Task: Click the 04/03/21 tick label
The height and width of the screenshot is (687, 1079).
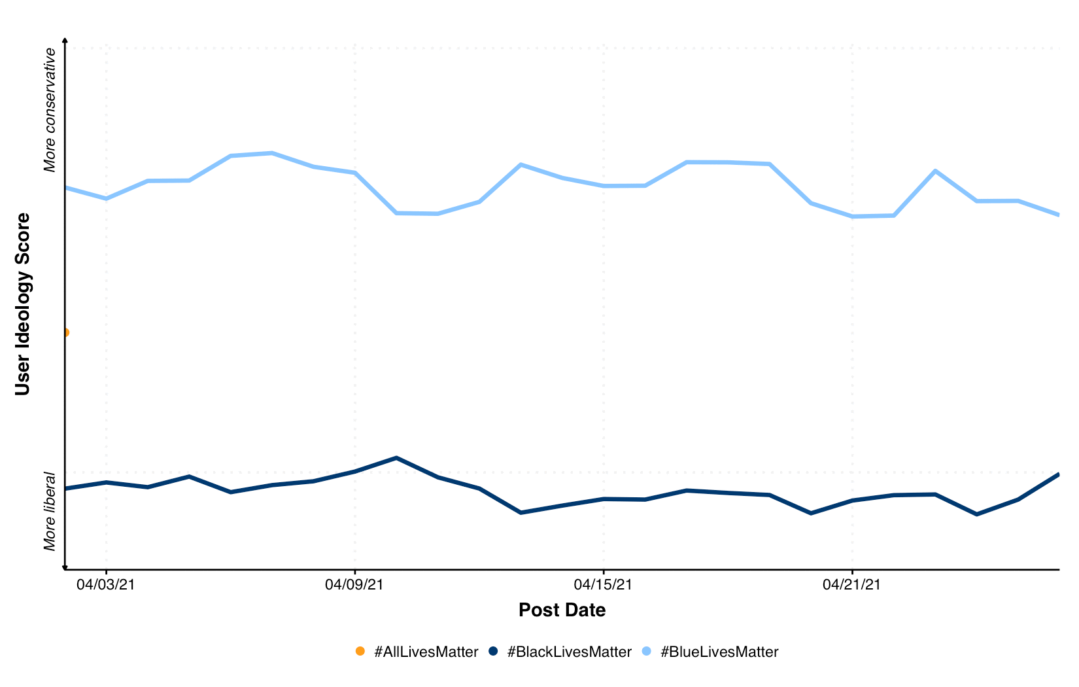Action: [106, 584]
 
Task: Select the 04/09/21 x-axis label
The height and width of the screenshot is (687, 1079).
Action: [354, 584]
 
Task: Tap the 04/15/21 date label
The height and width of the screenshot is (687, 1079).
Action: [603, 584]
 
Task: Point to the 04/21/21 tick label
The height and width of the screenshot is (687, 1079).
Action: [851, 584]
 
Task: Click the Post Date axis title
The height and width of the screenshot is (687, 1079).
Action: [562, 610]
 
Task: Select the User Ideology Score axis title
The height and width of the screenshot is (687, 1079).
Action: [23, 304]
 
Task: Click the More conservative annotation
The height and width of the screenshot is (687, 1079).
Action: [50, 110]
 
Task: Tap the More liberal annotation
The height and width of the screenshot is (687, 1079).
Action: [50, 511]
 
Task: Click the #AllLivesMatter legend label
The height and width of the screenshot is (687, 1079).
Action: [426, 652]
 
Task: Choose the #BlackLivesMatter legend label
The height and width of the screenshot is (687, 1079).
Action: [569, 652]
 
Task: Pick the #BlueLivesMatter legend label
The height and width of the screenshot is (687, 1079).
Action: [719, 652]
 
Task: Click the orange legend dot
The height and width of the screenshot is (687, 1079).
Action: [360, 651]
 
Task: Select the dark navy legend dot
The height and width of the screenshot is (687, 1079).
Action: [494, 651]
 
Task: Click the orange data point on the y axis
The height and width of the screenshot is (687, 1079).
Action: [65, 332]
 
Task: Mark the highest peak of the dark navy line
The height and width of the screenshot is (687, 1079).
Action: [396, 458]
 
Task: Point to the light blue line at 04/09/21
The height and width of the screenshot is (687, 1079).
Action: [354, 173]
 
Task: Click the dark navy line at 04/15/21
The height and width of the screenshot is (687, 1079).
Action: [603, 499]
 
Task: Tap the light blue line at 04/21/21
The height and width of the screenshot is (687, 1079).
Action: [851, 216]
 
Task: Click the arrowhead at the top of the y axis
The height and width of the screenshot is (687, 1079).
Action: [65, 41]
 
